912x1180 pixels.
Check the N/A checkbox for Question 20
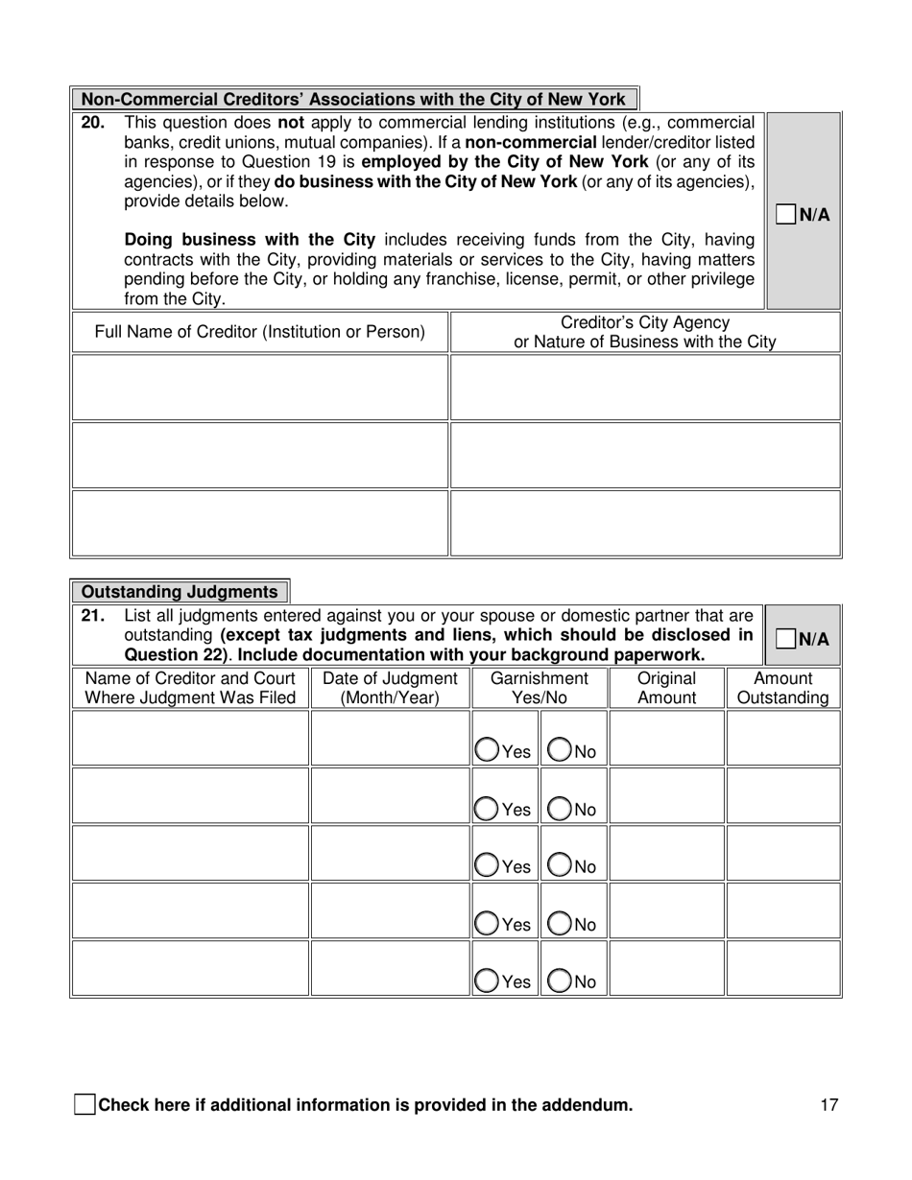pyautogui.click(x=786, y=215)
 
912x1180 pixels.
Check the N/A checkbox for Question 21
pyautogui.click(x=786, y=639)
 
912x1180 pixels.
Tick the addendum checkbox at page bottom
pyautogui.click(x=84, y=1104)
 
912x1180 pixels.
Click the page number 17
pyautogui.click(x=829, y=1104)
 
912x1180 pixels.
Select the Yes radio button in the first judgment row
pyautogui.click(x=487, y=751)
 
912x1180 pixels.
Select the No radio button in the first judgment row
pyautogui.click(x=559, y=751)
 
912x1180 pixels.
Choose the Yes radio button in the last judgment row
pyautogui.click(x=487, y=980)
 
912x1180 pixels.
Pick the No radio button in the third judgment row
pyautogui.click(x=559, y=866)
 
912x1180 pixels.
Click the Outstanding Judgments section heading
pyautogui.click(x=180, y=592)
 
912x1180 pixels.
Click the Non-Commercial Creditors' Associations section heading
pyautogui.click(x=353, y=99)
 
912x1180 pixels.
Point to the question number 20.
pyautogui.click(x=93, y=123)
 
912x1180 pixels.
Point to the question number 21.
pyautogui.click(x=93, y=616)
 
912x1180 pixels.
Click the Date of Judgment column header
pyautogui.click(x=390, y=688)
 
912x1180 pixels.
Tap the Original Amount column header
pyautogui.click(x=666, y=688)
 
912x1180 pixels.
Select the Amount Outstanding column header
pyautogui.click(x=783, y=688)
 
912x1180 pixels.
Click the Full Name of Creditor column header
pyautogui.click(x=259, y=332)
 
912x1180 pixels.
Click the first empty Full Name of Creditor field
pyautogui.click(x=259, y=388)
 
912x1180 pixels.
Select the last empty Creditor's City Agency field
pyautogui.click(x=645, y=523)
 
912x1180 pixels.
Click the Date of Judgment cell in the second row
pyautogui.click(x=390, y=796)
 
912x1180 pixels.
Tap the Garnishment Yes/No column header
pyautogui.click(x=539, y=688)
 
